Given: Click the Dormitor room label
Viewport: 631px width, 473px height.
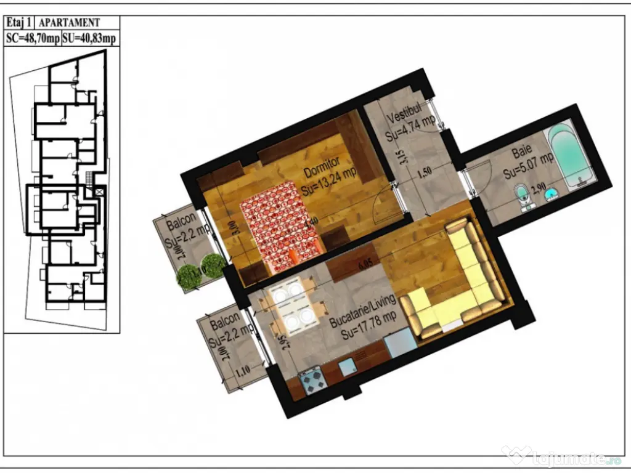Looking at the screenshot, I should coord(321,163).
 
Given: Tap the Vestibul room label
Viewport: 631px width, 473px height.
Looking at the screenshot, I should coord(404,113).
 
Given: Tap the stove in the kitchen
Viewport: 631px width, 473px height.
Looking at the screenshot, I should coord(312,381).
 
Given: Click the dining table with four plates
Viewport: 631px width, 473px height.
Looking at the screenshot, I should coord(291,305).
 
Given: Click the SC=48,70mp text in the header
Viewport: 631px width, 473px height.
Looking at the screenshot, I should coord(33,38).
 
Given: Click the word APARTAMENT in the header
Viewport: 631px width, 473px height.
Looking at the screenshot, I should coord(69,23).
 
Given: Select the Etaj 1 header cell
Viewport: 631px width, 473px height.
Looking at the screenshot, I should coord(20,23).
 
